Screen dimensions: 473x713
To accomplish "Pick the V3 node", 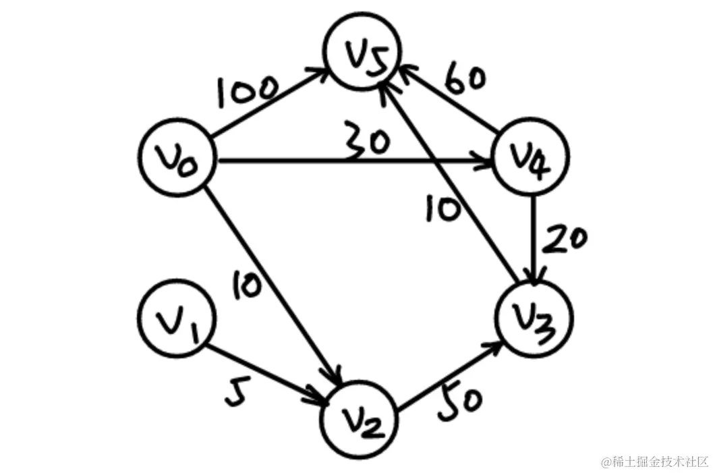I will pos(534,318).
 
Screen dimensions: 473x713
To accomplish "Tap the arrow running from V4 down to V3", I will pos(535,240).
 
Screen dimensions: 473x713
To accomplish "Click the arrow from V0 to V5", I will pos(270,102).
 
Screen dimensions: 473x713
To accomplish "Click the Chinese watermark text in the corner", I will pos(654,462).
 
